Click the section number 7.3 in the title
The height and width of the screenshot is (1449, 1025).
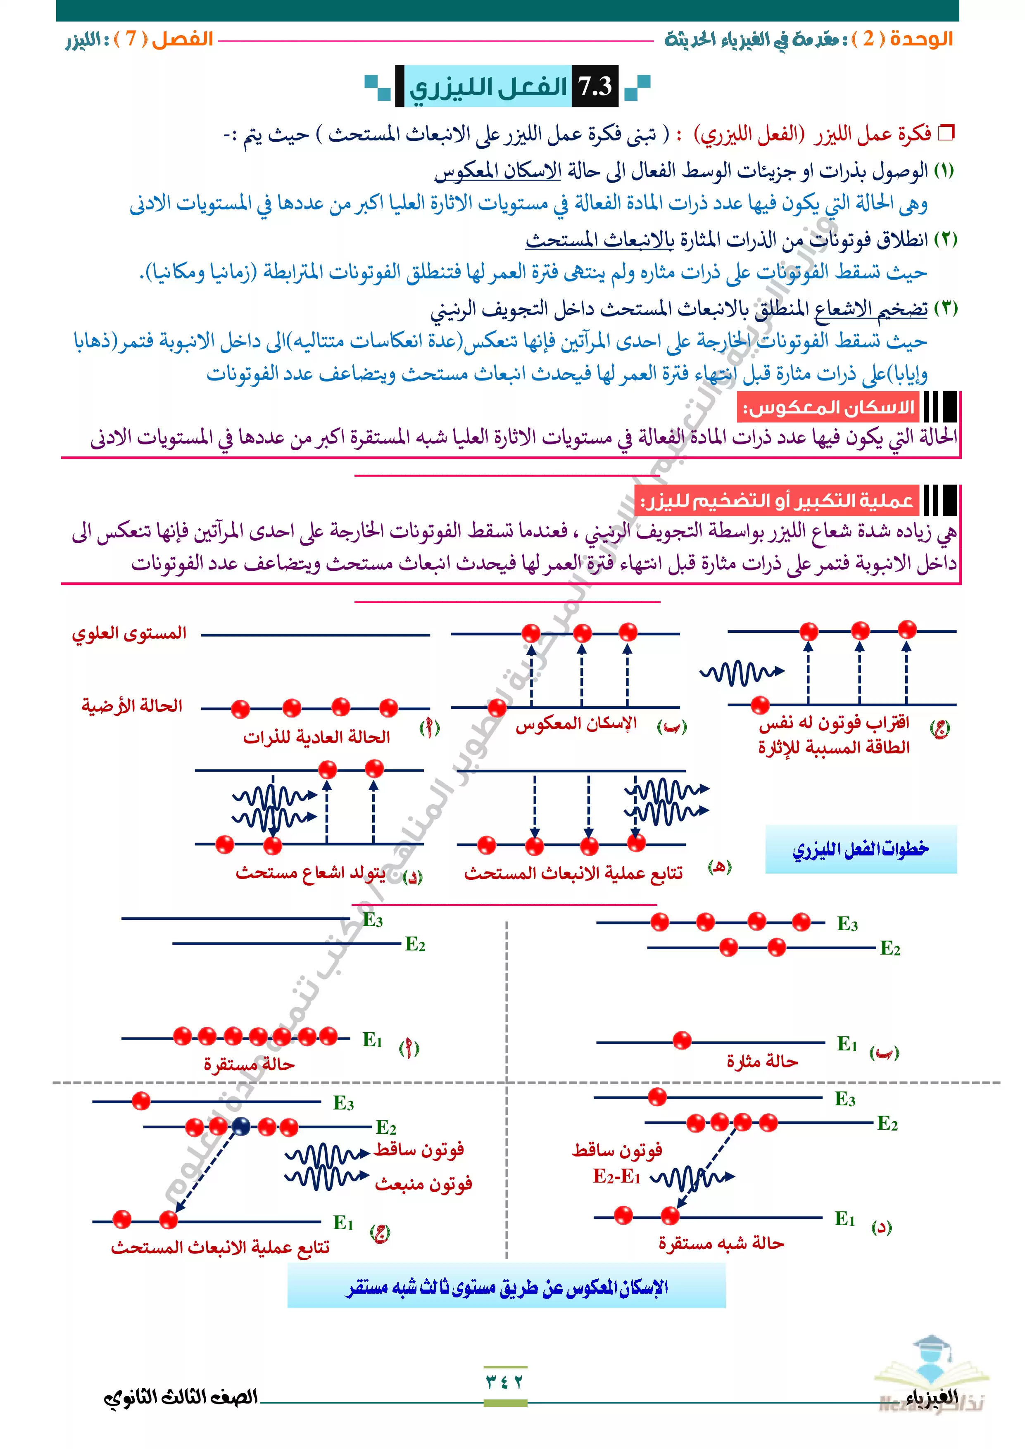pos(595,86)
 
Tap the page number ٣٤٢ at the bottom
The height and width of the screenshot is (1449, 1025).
pos(505,1382)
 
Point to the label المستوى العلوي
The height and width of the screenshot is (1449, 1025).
pos(129,633)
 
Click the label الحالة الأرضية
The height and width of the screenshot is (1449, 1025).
pos(132,705)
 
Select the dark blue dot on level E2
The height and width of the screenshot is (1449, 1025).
pos(240,1126)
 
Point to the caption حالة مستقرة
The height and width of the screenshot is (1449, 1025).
pos(249,1065)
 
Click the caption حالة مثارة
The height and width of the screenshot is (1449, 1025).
pos(762,1062)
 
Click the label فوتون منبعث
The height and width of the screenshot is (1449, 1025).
pos(423,1184)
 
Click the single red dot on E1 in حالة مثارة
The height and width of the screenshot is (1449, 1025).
pos(682,1040)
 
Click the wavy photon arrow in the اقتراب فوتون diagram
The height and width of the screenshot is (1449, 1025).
pos(741,673)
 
